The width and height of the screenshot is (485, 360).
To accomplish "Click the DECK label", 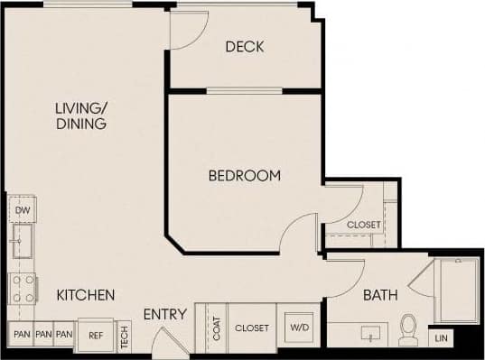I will (245, 47).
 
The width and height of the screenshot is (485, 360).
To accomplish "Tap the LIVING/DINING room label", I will (81, 116).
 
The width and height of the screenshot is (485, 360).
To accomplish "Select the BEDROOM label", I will (244, 176).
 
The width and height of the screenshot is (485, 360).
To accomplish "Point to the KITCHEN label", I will (86, 295).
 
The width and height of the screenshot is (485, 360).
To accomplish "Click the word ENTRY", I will (164, 315).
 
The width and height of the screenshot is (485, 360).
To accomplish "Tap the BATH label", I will (381, 295).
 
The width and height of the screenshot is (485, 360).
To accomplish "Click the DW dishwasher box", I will (23, 210).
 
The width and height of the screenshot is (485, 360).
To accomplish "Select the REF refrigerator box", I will (96, 335).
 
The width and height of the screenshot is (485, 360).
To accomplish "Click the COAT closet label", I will (218, 328).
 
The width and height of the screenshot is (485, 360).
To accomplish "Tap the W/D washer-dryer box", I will (298, 328).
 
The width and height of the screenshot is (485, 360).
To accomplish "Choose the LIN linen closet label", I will (441, 338).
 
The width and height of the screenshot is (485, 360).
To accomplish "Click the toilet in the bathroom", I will (408, 330).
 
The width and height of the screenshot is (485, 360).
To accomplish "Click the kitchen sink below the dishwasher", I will (22, 242).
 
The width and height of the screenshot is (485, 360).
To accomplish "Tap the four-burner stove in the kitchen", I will (23, 290).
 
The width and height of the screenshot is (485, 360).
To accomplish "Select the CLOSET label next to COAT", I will (252, 328).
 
